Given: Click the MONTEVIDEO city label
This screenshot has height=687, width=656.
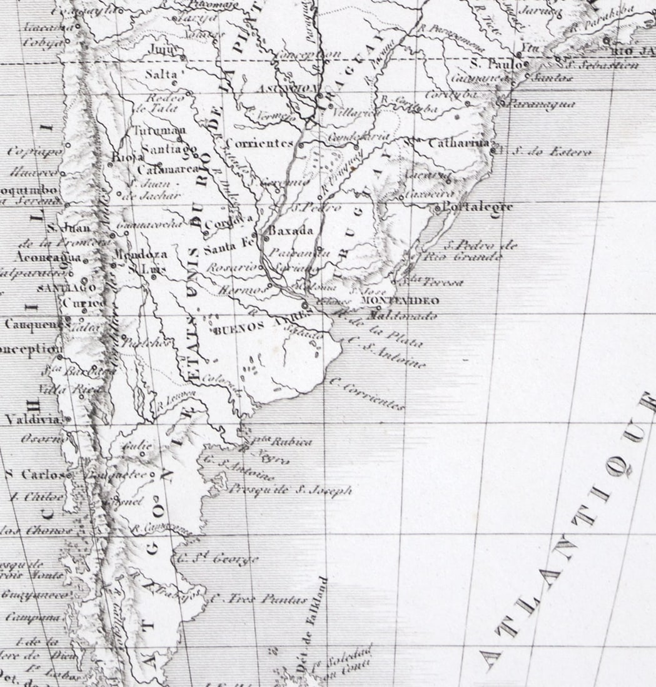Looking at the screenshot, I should pyautogui.click(x=400, y=301).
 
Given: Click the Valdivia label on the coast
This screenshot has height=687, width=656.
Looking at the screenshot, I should pyautogui.click(x=33, y=419).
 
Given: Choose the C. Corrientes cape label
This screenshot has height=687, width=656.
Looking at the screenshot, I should pyautogui.click(x=367, y=394).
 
